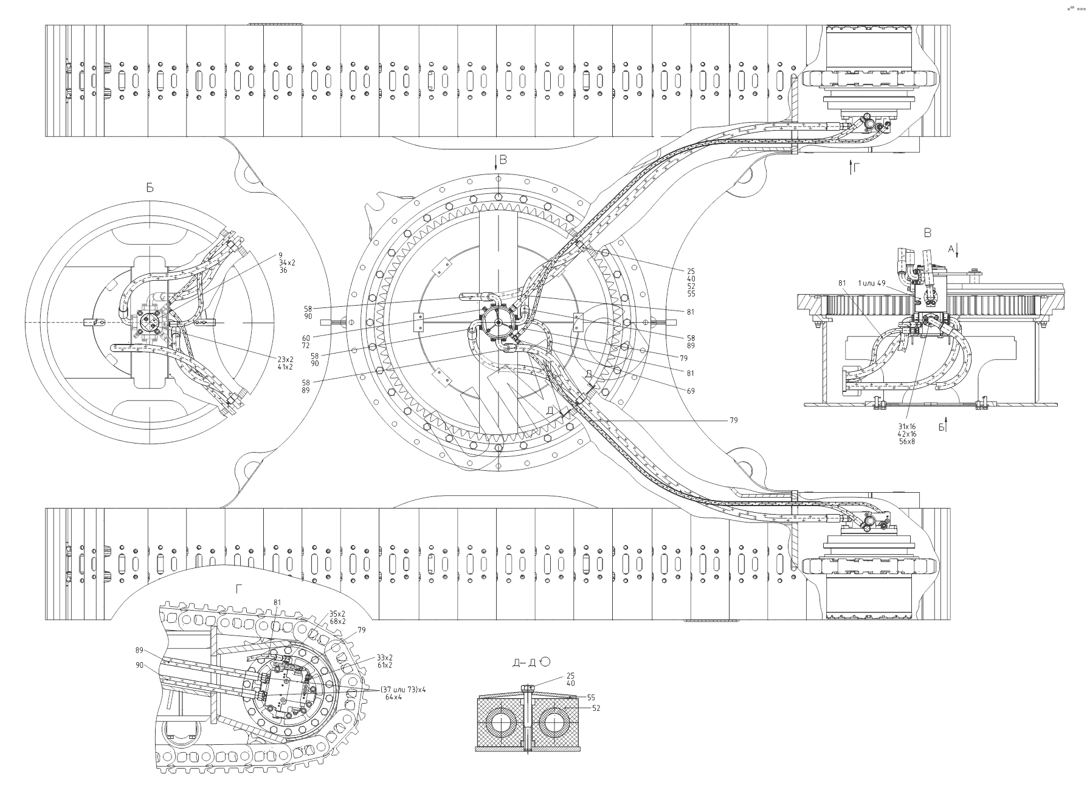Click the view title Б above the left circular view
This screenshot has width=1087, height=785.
click(150, 188)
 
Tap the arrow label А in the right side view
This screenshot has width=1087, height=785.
click(951, 248)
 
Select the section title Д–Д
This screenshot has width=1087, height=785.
click(524, 662)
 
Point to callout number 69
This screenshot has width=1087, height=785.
click(691, 391)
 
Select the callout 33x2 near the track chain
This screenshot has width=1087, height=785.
click(385, 657)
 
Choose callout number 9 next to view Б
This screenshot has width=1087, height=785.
click(280, 255)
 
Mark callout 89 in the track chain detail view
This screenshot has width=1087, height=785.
click(139, 650)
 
